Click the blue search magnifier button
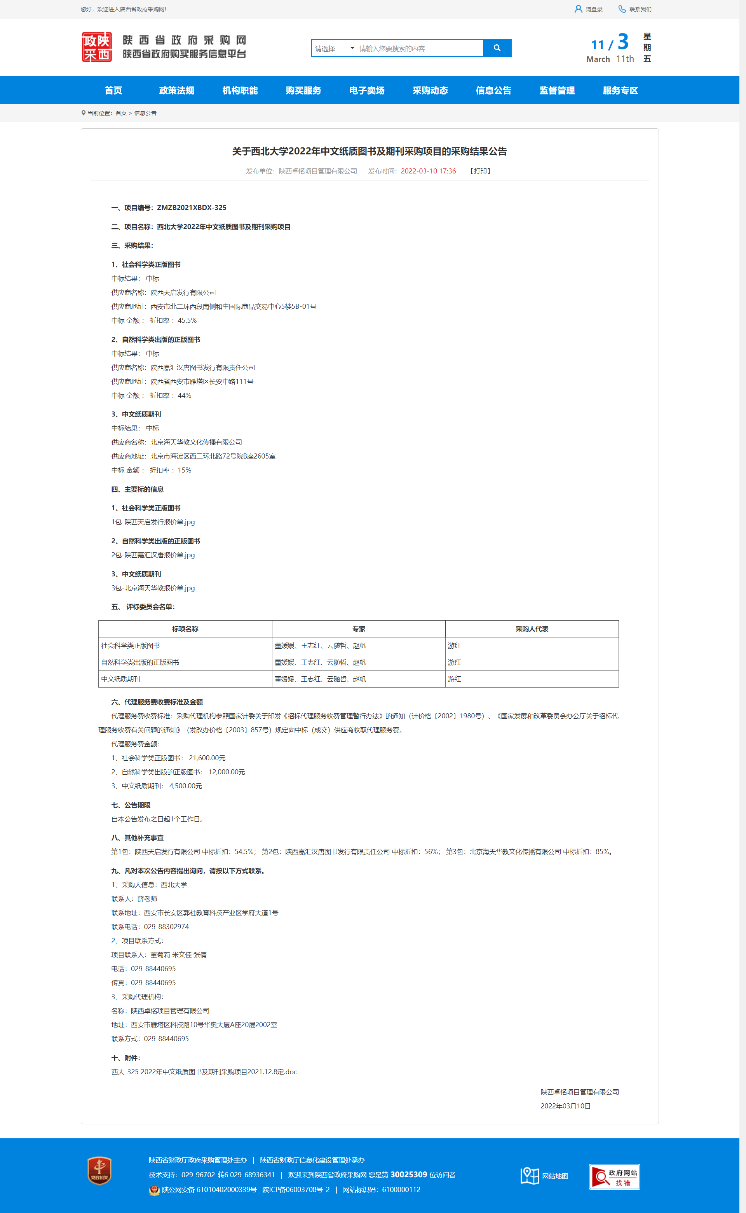(497, 48)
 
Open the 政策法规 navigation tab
(177, 90)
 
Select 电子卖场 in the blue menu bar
(366, 90)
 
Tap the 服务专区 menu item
(620, 90)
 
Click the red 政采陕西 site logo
(97, 47)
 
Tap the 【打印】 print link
(480, 171)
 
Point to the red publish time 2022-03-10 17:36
(428, 171)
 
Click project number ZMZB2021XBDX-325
(192, 208)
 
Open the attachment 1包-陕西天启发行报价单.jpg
(153, 522)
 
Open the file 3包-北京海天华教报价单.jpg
(153, 588)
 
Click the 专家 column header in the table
(359, 629)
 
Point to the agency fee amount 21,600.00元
(207, 758)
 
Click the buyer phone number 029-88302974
(166, 927)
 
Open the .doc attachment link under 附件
(204, 1072)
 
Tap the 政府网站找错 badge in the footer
(614, 1176)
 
